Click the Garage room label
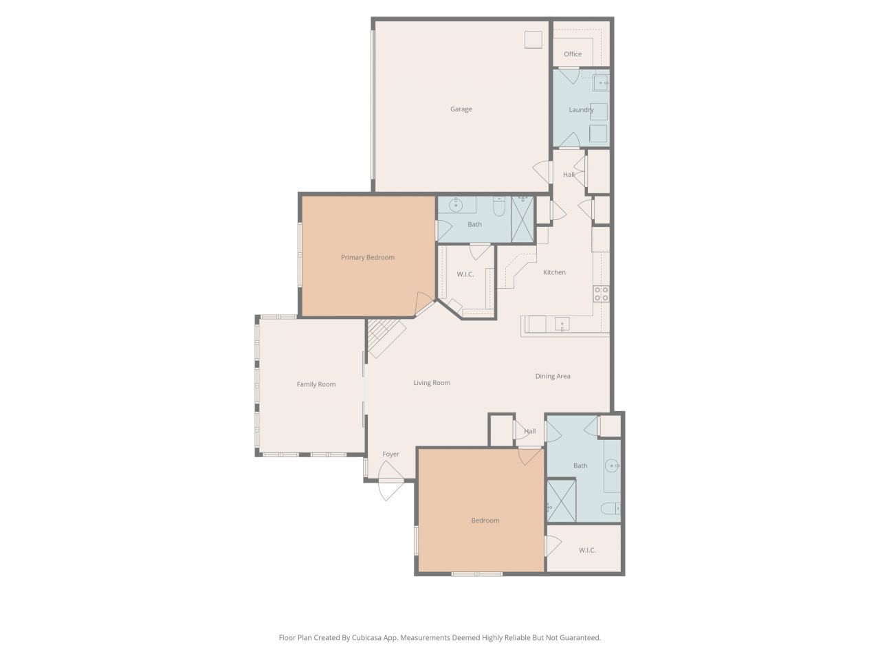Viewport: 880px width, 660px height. click(461, 109)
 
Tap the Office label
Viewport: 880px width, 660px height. click(572, 54)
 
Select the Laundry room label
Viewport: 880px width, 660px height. click(581, 110)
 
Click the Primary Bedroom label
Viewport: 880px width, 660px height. click(368, 258)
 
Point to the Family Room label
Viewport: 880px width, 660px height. click(316, 384)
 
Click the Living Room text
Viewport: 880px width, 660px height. click(432, 383)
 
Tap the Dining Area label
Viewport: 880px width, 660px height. click(553, 376)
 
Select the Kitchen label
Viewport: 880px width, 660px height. click(554, 273)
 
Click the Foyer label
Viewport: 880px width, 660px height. click(390, 454)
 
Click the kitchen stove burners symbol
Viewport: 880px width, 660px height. click(601, 294)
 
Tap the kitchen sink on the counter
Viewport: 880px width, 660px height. click(562, 324)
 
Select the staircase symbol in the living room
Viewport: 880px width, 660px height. click(384, 338)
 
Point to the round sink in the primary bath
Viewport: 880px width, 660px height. click(454, 205)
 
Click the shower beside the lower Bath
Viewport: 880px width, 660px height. click(560, 500)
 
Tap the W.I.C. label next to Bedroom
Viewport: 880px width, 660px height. click(586, 550)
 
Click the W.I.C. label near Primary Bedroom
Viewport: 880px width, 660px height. click(465, 274)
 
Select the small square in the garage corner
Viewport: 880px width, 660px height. click(533, 40)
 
